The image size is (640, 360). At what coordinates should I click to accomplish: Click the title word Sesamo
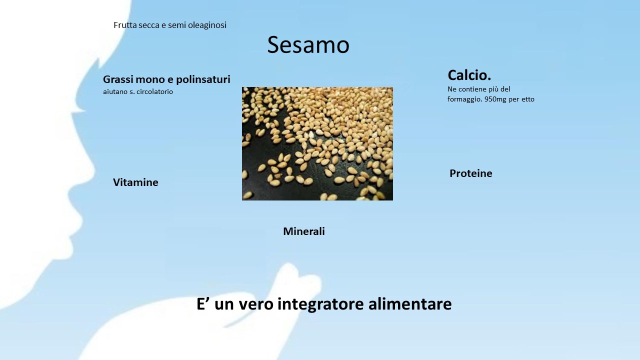click(x=308, y=45)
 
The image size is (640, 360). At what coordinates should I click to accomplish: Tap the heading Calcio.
click(x=469, y=75)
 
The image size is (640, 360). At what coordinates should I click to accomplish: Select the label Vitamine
click(x=135, y=182)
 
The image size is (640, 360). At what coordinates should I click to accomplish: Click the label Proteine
click(x=471, y=173)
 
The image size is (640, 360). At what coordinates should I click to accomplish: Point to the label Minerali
click(x=304, y=231)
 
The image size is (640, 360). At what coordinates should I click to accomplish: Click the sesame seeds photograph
click(x=317, y=143)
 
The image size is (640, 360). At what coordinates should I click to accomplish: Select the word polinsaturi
click(x=203, y=79)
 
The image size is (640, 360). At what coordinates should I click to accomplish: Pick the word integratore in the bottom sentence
click(x=320, y=303)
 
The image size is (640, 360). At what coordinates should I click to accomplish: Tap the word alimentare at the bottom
click(x=410, y=303)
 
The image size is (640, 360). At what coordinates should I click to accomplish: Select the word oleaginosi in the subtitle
click(x=207, y=25)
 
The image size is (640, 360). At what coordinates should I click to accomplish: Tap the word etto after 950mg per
click(x=528, y=99)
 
